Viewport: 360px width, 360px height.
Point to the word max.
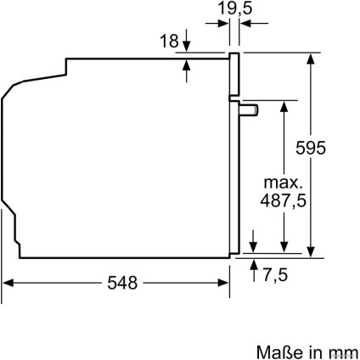click(282, 183)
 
